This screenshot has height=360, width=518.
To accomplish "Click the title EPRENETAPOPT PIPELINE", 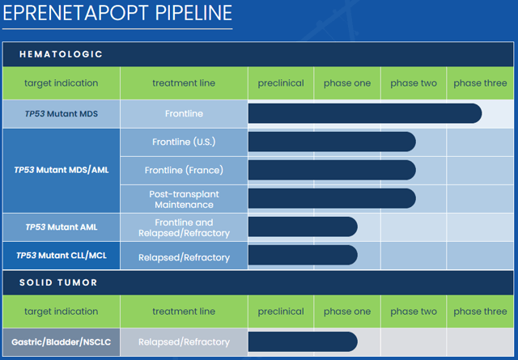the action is click(x=117, y=13).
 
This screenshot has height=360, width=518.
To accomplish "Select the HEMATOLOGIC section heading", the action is click(x=61, y=54).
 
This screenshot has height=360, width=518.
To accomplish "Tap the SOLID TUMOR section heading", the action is click(x=58, y=282).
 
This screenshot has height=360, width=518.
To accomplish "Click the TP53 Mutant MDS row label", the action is click(x=62, y=114).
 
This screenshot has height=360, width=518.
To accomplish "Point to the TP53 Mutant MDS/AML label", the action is click(x=62, y=170).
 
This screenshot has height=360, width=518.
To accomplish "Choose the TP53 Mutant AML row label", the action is click(x=62, y=227).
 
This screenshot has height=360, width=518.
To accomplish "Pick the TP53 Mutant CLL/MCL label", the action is click(x=62, y=256).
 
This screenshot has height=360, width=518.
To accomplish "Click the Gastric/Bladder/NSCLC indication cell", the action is click(x=62, y=342).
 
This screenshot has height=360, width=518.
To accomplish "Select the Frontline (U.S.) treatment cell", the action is click(x=184, y=142).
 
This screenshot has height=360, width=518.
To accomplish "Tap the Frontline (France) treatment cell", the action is click(x=184, y=171).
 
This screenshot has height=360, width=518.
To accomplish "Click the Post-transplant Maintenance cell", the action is click(x=184, y=200).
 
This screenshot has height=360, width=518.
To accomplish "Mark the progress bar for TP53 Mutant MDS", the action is click(x=365, y=113).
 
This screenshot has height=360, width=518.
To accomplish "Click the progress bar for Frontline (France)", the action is click(x=332, y=170).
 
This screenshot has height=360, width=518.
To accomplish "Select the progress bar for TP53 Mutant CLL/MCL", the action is click(x=303, y=255).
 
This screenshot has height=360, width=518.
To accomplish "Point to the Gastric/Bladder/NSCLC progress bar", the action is click(x=303, y=341).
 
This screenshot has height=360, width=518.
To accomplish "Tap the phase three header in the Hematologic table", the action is click(x=480, y=83).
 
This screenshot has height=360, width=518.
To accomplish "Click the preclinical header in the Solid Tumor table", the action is click(x=281, y=311).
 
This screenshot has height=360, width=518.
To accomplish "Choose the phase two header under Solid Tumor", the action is click(x=414, y=311).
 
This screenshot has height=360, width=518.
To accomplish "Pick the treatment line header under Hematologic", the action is click(x=184, y=83).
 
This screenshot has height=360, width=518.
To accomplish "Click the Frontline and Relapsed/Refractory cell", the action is click(x=184, y=228).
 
